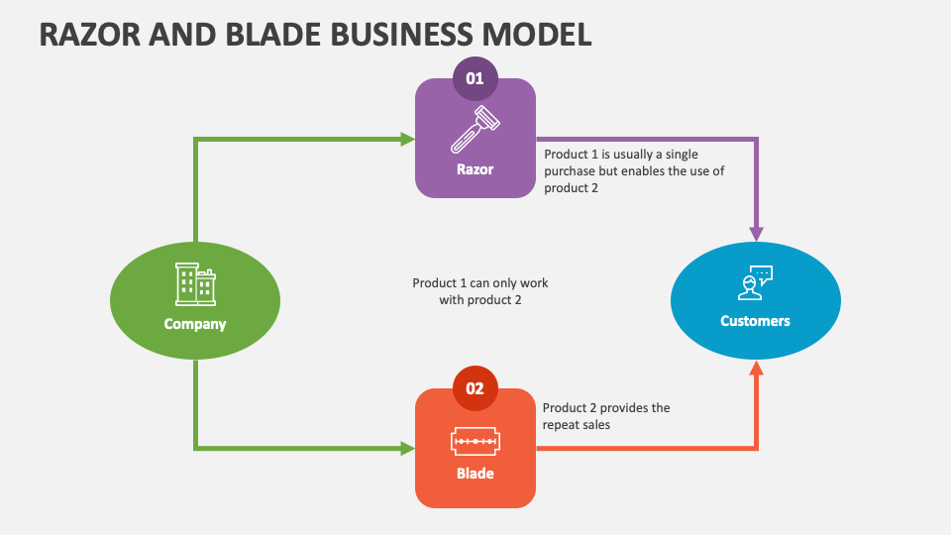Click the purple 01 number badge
475,78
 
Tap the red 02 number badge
475,388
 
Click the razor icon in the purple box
475,129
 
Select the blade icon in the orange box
475,439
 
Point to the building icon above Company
195,284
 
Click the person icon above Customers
756,283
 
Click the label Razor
475,169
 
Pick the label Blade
475,474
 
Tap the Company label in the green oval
195,324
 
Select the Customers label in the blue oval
756,321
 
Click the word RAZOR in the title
83,34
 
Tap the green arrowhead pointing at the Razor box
407,139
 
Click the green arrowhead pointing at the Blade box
407,449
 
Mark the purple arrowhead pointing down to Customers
756,233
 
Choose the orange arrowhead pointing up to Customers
756,369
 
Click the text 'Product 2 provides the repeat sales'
605,416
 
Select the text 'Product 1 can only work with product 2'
480,291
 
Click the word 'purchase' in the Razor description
571,171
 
